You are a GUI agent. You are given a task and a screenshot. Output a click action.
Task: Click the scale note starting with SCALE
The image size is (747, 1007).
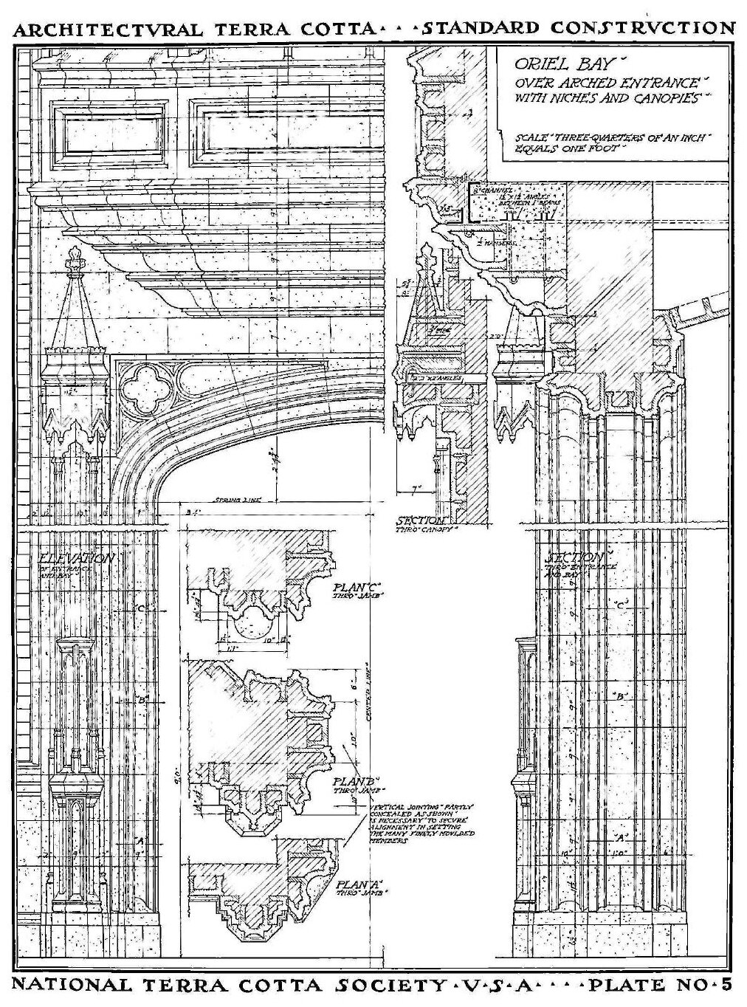point(613,142)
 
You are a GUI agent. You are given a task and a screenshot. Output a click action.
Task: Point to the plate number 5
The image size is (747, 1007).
point(726,984)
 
